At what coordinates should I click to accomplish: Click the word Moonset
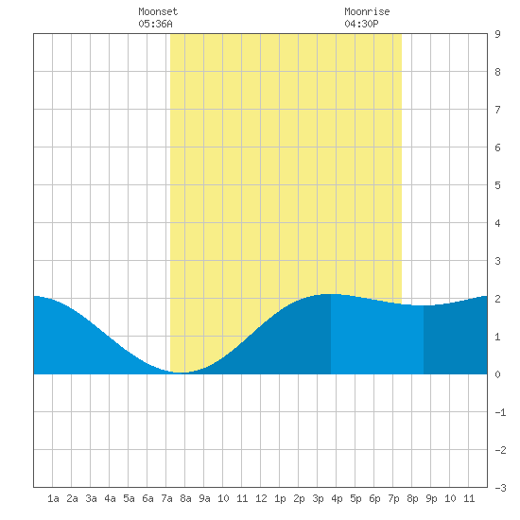[x=158, y=11]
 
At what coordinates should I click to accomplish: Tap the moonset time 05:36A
[x=155, y=24]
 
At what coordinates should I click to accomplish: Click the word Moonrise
[x=367, y=11]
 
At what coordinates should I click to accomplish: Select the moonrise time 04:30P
[x=361, y=24]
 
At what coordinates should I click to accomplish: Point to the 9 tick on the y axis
[x=497, y=34]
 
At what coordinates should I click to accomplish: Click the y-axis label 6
[x=497, y=147]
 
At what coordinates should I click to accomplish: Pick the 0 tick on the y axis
[x=497, y=374]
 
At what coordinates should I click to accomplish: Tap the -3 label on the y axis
[x=500, y=488]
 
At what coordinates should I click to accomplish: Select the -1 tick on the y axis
[x=500, y=412]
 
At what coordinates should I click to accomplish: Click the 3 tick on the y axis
[x=497, y=261]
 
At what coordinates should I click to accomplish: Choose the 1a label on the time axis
[x=53, y=498]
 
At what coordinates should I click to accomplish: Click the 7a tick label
[x=166, y=498]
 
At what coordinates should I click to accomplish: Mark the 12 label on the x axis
[x=261, y=498]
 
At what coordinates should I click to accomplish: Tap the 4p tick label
[x=337, y=498]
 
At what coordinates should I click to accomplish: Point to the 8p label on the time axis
[x=412, y=498]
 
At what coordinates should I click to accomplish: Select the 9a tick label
[x=204, y=498]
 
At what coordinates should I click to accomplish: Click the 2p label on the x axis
[x=299, y=498]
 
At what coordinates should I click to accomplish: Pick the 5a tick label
[x=129, y=498]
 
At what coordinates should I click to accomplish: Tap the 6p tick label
[x=374, y=498]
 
